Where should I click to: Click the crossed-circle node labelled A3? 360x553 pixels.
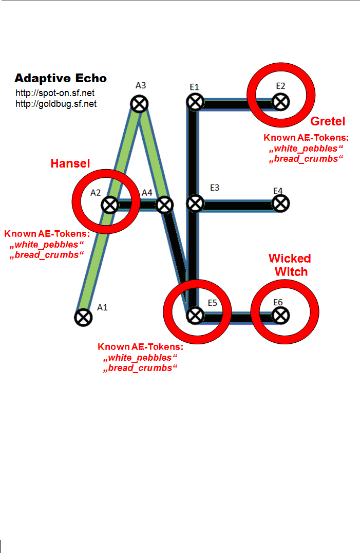(139, 104)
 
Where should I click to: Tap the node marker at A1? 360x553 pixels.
(82, 317)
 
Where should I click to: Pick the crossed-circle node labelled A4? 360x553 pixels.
(163, 205)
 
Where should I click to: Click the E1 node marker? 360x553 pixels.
(194, 102)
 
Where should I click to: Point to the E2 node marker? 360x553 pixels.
(279, 102)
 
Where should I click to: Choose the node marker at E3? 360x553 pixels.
(194, 204)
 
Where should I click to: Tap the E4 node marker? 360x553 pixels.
(279, 204)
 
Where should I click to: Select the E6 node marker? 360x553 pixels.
(280, 315)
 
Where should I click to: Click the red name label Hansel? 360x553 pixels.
(70, 163)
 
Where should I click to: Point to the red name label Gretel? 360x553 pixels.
(328, 121)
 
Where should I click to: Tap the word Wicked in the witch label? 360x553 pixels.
(290, 259)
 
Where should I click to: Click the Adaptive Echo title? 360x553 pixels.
(61, 78)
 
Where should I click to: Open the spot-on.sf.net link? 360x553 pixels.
(55, 94)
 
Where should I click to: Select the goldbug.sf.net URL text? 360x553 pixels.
(56, 104)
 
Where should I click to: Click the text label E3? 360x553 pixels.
(215, 188)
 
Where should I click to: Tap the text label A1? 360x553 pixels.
(103, 307)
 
